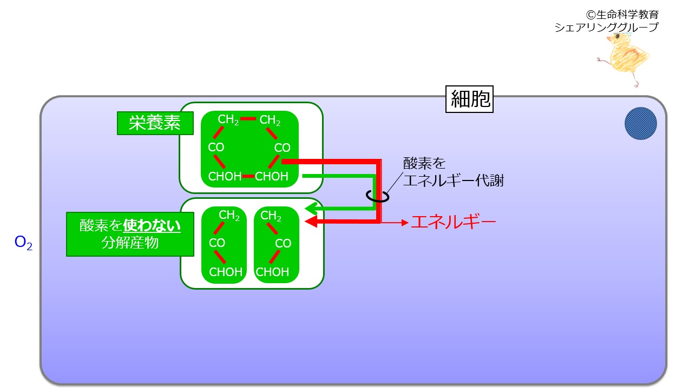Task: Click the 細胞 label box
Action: [469, 99]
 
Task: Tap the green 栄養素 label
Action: [155, 123]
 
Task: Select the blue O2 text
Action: [23, 243]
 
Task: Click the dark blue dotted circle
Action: [640, 124]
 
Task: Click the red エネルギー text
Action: [453, 222]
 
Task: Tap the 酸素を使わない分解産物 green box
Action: [130, 235]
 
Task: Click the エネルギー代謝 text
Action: [453, 180]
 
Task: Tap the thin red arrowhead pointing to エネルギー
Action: [405, 223]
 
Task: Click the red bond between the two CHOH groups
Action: [248, 176]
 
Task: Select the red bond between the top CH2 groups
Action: [248, 119]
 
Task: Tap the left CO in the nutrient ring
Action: [216, 148]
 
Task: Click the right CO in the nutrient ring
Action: [282, 148]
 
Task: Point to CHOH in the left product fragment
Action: [226, 272]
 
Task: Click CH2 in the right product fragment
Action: [271, 216]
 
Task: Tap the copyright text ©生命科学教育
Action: [622, 15]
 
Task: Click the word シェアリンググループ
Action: [607, 28]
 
